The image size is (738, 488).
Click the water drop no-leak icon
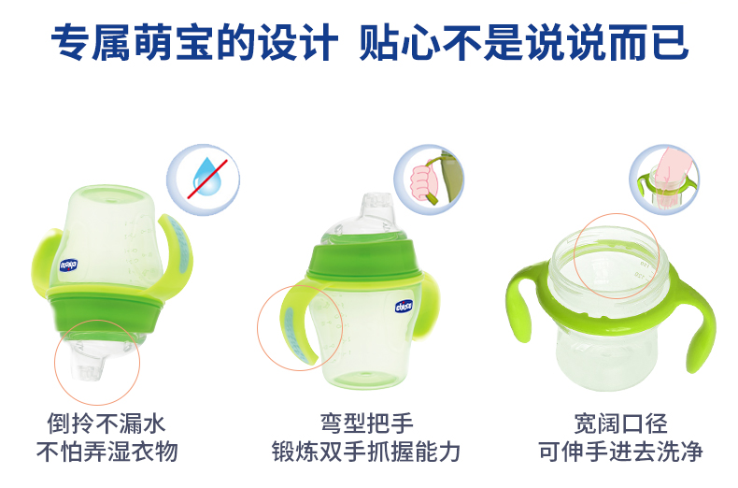(203, 179)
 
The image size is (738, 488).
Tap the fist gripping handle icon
(429, 179)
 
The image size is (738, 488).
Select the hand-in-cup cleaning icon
(664, 179)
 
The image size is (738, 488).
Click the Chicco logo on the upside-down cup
(69, 266)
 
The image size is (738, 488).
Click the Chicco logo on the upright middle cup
(404, 307)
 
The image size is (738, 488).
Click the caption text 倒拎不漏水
(106, 423)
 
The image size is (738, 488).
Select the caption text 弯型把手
(366, 423)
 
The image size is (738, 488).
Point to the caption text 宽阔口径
(620, 423)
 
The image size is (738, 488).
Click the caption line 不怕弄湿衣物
(107, 452)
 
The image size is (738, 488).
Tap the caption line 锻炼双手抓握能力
(365, 452)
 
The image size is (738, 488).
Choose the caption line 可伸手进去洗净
(620, 452)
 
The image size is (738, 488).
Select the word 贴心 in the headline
(399, 43)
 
